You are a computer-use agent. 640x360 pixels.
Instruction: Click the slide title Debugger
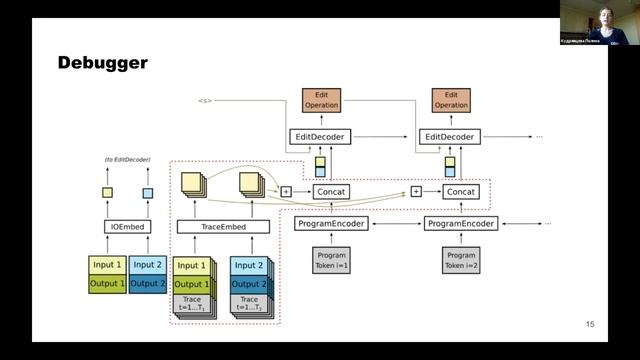coord(102,63)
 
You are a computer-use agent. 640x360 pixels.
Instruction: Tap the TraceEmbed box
coord(223,227)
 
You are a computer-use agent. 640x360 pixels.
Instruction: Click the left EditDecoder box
coord(321,136)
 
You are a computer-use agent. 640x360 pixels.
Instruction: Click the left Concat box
coord(331,191)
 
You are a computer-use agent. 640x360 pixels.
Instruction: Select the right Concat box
coord(461,191)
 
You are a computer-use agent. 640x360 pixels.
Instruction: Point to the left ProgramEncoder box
coord(331,224)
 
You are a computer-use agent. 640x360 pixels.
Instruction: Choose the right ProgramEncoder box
coord(461,224)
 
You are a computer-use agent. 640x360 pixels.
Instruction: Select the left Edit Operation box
coord(321,99)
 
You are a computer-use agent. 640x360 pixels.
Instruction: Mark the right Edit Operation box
coord(451,99)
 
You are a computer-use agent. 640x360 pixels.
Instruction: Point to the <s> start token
coord(204,100)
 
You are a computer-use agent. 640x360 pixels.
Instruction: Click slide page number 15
coord(589,324)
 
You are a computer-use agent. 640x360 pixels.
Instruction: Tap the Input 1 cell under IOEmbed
coord(108,265)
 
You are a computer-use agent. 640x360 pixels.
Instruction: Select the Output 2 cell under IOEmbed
coord(147,283)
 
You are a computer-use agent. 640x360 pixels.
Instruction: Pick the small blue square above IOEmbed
coord(147,193)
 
